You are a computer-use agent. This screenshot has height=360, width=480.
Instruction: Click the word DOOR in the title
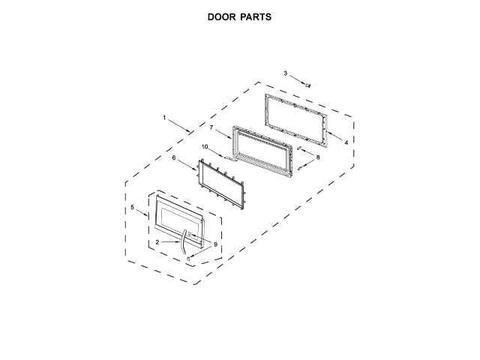tap(222, 16)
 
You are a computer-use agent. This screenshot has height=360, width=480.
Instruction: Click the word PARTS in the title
tap(256, 16)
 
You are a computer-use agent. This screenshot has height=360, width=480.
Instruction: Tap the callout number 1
tap(164, 118)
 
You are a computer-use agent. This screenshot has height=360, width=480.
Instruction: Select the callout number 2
tap(157, 243)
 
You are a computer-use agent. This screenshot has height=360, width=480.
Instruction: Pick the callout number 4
tap(346, 142)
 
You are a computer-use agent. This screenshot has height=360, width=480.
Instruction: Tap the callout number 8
tap(205, 147)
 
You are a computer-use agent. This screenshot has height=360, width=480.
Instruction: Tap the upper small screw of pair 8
tap(299, 149)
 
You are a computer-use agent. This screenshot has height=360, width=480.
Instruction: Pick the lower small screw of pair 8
tap(299, 167)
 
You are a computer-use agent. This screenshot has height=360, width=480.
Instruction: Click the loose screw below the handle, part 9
tap(190, 258)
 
